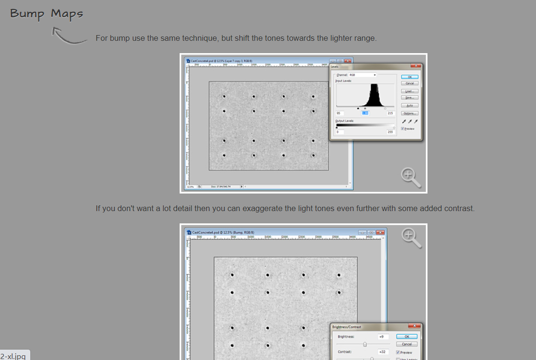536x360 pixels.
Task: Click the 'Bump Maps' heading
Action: tap(46, 14)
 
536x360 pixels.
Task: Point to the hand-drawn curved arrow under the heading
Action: tap(69, 37)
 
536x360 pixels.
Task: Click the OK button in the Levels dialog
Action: tap(409, 76)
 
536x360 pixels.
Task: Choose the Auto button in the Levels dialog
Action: tap(409, 105)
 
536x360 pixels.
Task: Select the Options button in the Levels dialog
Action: tap(409, 113)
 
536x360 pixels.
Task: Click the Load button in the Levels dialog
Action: tap(409, 91)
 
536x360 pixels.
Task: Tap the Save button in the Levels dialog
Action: tap(409, 98)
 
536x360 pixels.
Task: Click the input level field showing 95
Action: tap(340, 113)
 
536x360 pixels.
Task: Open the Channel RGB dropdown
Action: tap(363, 75)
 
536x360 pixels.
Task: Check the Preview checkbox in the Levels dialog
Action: tap(403, 129)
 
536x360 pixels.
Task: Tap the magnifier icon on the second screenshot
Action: tap(411, 237)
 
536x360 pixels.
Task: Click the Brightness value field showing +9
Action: tap(382, 336)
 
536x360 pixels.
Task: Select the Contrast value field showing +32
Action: tap(382, 352)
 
